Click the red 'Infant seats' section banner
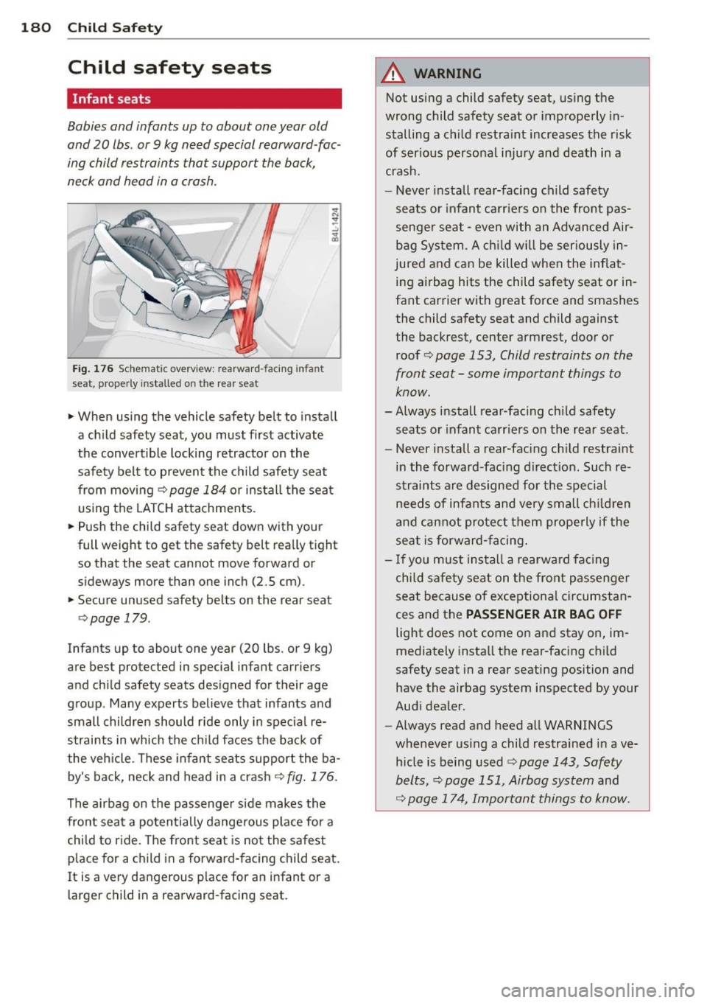[x=204, y=99]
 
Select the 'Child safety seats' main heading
[x=169, y=68]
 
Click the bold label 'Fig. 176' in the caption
[x=92, y=369]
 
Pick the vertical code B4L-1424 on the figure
[x=335, y=226]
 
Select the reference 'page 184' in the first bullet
[x=197, y=490]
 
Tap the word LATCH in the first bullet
[x=152, y=509]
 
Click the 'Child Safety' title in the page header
[x=115, y=28]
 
